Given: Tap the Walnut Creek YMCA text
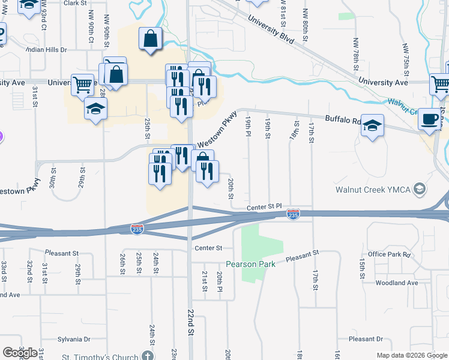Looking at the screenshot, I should (x=372, y=190).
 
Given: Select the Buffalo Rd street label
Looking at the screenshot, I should (x=343, y=119).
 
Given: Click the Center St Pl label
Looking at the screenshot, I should (x=265, y=206).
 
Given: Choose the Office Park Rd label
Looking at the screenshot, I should (x=390, y=254).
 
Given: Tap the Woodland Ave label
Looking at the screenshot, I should (x=396, y=283).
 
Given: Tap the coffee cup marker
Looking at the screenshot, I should (x=429, y=119).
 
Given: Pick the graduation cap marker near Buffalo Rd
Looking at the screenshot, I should (x=373, y=126).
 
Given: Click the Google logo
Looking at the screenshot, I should (x=20, y=353).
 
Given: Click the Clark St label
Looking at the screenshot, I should (x=75, y=3).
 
